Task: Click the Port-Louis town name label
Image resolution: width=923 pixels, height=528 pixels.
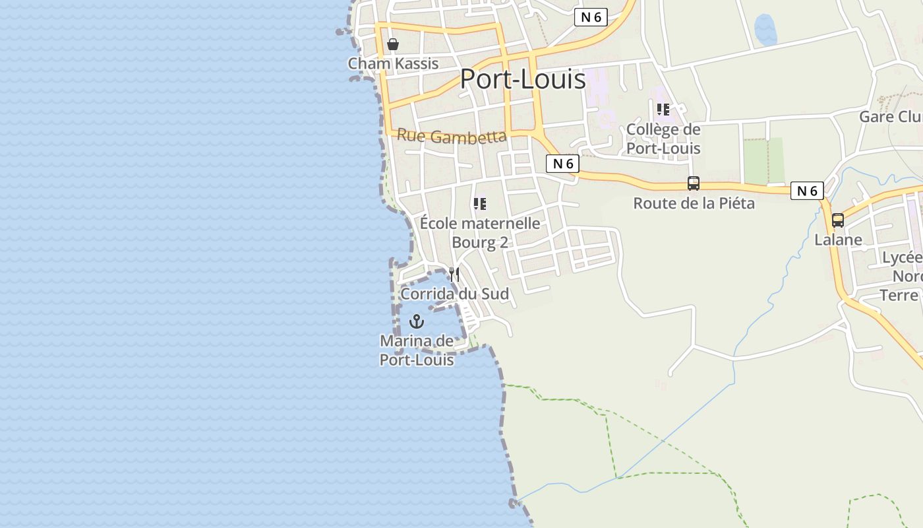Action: (522, 79)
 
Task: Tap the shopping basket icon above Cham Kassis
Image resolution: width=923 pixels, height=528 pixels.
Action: (393, 44)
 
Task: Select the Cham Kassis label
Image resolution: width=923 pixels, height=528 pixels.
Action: (393, 63)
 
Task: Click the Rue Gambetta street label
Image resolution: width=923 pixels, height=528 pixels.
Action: (452, 137)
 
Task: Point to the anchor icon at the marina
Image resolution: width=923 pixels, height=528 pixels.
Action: (416, 321)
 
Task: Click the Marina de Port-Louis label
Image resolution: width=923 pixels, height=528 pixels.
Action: (417, 350)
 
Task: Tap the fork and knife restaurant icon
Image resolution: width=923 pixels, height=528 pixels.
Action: (454, 274)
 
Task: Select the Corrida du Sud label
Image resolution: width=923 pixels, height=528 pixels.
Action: (455, 294)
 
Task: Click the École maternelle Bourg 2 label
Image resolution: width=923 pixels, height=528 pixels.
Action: (480, 233)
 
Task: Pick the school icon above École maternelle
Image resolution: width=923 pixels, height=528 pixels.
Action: (480, 204)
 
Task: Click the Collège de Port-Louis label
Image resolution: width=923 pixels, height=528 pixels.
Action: (663, 139)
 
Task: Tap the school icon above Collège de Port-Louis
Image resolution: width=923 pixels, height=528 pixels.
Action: (663, 110)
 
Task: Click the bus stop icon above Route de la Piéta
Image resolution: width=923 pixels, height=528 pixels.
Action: (694, 183)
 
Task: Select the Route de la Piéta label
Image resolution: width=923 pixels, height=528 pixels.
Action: (694, 203)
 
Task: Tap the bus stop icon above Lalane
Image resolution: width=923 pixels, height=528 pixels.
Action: (838, 220)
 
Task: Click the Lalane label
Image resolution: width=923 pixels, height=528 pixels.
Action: (838, 240)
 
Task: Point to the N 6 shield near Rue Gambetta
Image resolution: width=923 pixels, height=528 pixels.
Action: (562, 164)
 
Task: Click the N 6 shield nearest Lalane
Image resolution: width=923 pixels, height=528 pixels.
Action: (807, 191)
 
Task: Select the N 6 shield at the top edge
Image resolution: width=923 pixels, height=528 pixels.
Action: (590, 17)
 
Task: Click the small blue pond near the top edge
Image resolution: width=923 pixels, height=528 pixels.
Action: (765, 30)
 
